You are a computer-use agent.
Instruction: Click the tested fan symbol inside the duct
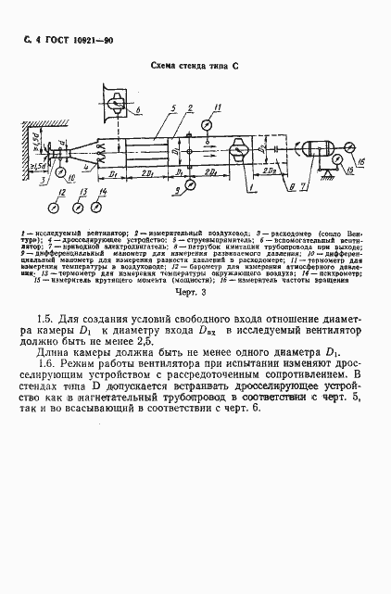point(239,148)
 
